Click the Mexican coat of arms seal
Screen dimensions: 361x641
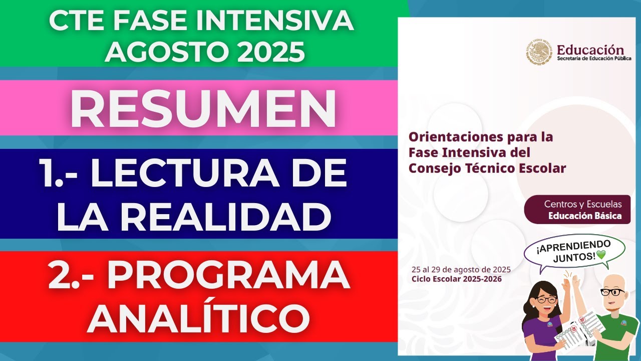(x=539, y=53)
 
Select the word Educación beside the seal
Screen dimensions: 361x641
(x=591, y=50)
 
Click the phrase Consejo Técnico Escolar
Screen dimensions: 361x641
(x=487, y=168)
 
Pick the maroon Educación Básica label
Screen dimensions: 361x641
(x=585, y=216)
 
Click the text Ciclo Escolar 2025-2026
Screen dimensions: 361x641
(x=456, y=279)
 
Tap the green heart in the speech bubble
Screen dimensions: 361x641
(x=601, y=255)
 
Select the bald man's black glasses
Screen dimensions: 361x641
(x=612, y=292)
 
